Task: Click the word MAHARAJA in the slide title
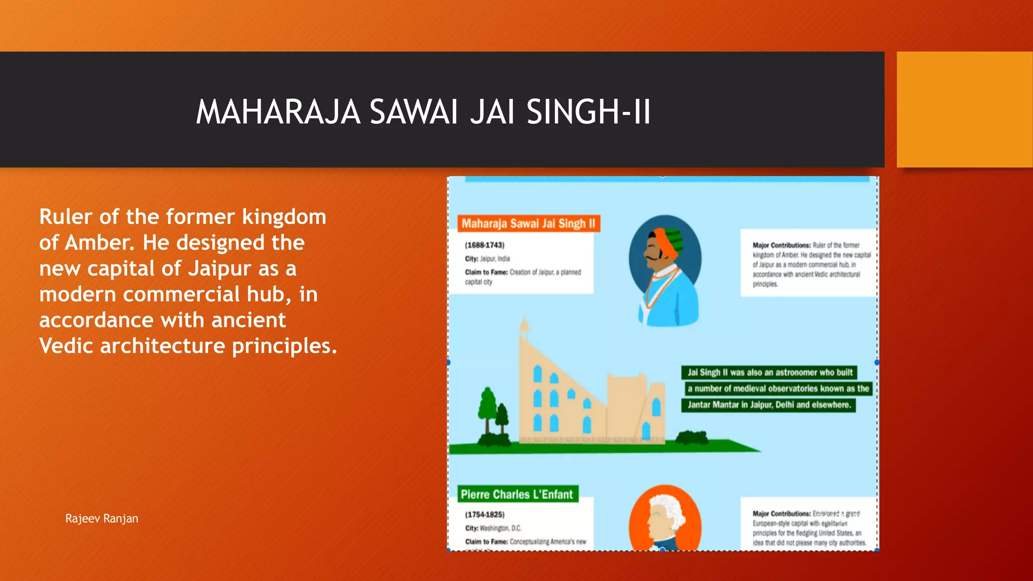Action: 278,112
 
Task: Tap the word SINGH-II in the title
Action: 589,112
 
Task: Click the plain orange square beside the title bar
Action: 964,109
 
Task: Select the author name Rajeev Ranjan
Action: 101,518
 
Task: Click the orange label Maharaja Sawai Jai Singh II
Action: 528,223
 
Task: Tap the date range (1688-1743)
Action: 484,245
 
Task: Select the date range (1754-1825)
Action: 484,514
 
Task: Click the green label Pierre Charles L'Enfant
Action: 517,494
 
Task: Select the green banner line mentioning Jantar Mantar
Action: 768,404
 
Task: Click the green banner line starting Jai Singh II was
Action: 769,372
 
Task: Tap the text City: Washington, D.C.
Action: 493,528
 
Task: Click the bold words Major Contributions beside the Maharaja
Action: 781,245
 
